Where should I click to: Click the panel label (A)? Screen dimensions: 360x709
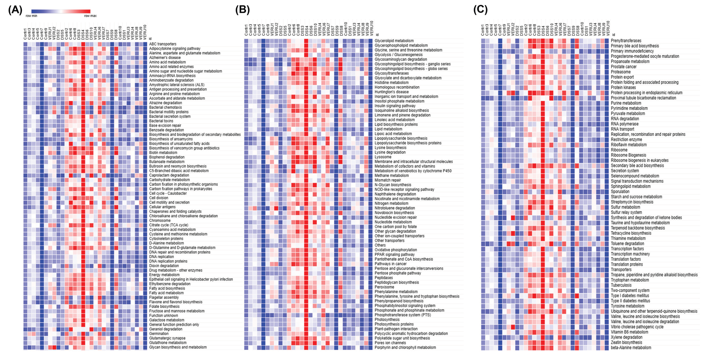(x=15, y=10)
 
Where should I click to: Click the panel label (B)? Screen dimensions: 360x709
(x=242, y=10)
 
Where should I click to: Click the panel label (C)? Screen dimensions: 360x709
(x=480, y=10)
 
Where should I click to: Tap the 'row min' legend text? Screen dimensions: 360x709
(x=31, y=16)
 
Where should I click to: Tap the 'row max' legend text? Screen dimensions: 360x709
(x=90, y=16)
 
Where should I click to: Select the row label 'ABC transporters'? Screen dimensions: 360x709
(x=163, y=44)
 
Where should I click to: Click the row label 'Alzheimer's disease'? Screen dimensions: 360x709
(x=165, y=58)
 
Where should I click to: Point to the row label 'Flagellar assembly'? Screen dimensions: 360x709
(x=164, y=297)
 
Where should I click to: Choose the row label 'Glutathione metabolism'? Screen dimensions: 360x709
(x=168, y=343)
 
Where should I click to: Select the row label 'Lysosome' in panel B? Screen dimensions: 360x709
(x=383, y=157)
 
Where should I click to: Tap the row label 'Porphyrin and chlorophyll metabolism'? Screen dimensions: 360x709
(x=405, y=347)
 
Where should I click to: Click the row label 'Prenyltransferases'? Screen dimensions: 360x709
(x=626, y=41)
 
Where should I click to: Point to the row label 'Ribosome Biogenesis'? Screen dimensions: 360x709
(x=628, y=155)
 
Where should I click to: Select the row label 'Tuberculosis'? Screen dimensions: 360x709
(x=621, y=285)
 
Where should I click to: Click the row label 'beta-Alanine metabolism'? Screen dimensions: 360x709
(x=631, y=348)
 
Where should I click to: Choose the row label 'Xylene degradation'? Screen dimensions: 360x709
(x=626, y=337)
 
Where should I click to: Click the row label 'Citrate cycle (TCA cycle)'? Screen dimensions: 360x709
(x=169, y=225)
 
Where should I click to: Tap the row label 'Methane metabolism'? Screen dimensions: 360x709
(x=391, y=176)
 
